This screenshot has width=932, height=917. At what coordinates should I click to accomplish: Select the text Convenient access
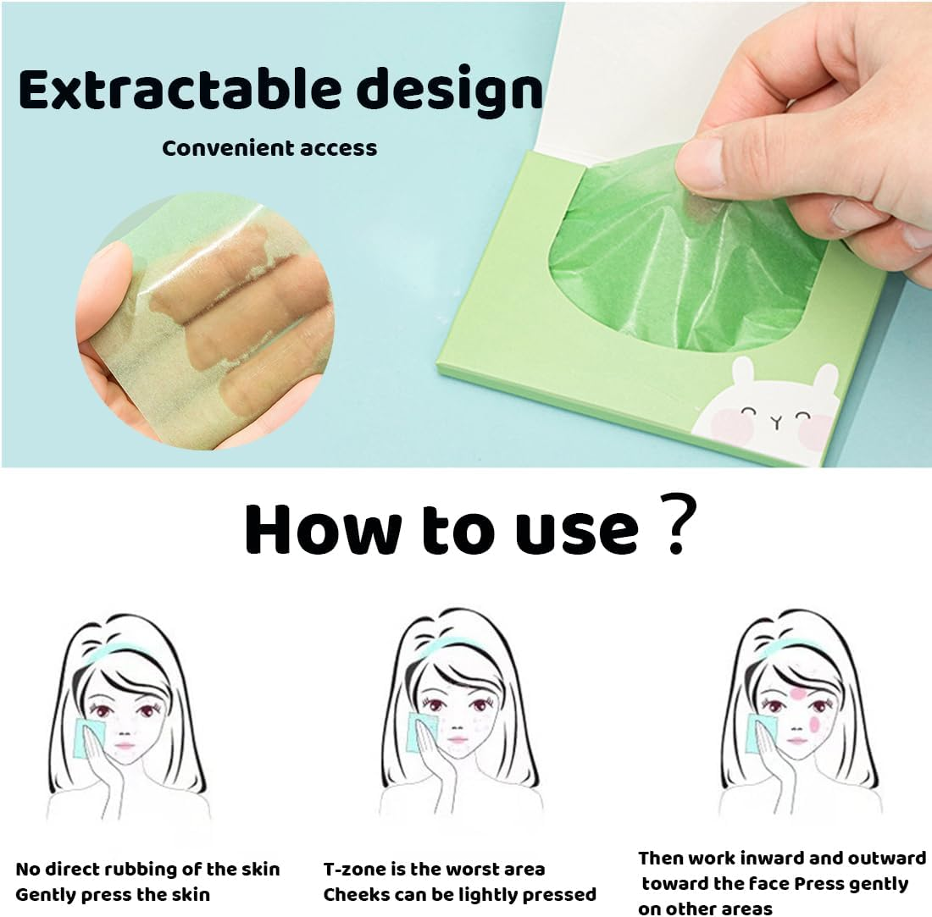point(269,148)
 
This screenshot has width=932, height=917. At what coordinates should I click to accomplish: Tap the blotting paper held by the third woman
point(761,732)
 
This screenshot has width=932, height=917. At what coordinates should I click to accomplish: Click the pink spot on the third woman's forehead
point(797,693)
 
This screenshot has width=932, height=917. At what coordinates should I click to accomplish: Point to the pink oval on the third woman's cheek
point(814,722)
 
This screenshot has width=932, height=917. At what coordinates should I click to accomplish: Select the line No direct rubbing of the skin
point(147,870)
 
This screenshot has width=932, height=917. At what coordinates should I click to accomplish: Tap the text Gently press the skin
point(113,894)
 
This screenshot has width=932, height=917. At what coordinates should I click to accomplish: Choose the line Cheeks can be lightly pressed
point(460,894)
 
